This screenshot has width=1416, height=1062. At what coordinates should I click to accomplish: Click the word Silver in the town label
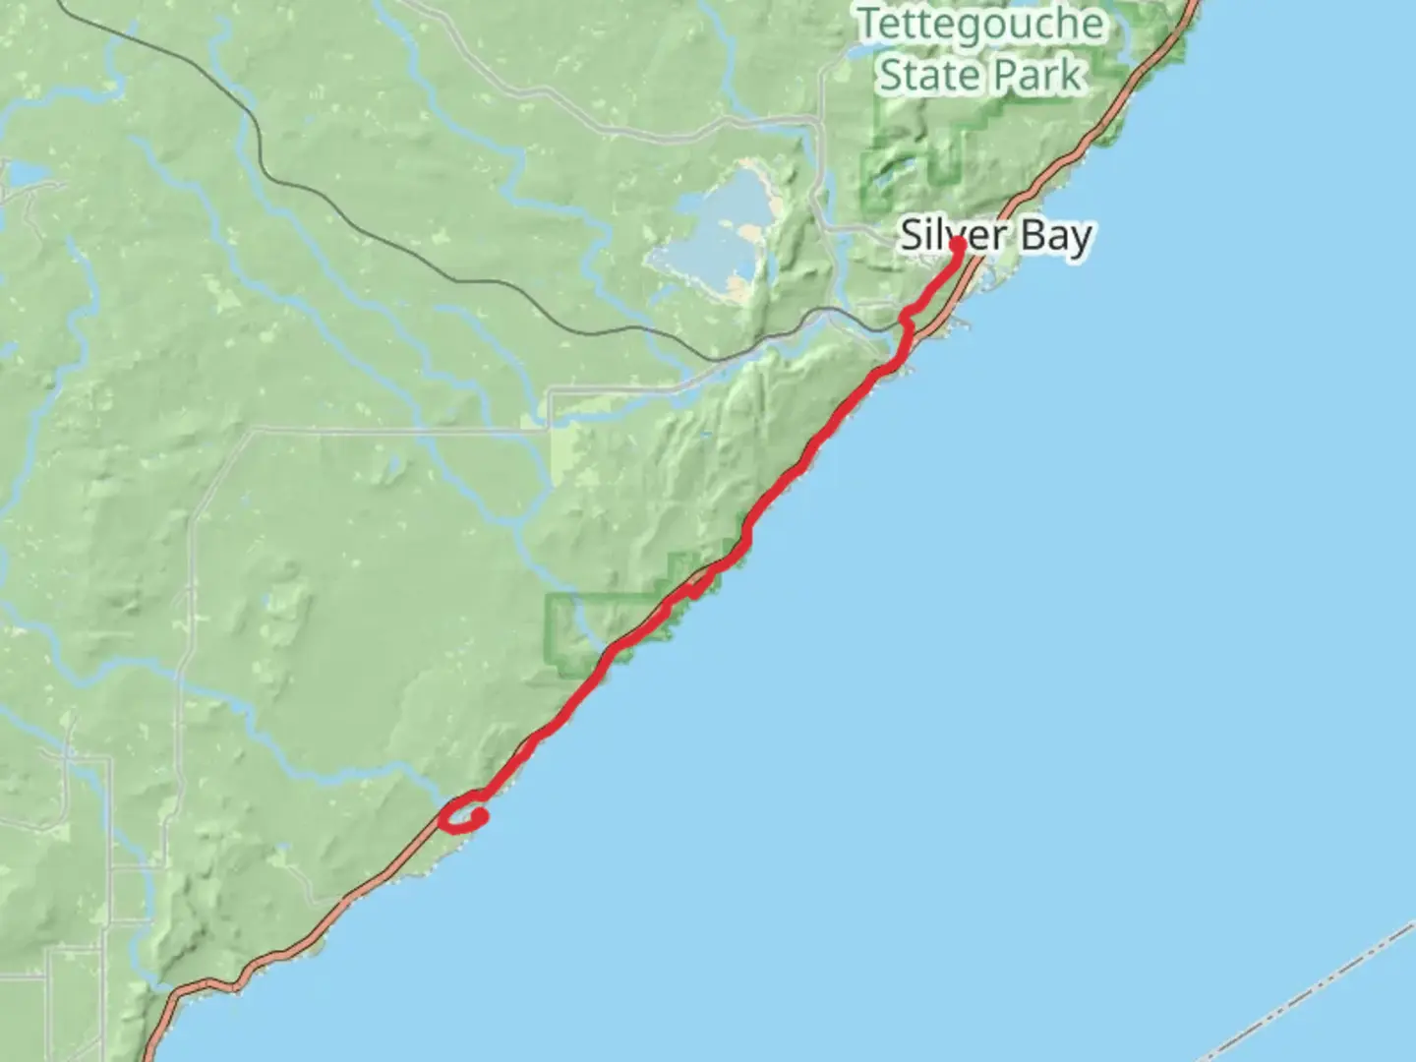[939, 236]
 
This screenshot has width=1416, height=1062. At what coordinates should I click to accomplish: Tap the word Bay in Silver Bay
[1055, 237]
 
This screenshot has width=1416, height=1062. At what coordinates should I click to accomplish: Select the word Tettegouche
[980, 24]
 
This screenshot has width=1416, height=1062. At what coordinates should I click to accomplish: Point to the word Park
[1036, 75]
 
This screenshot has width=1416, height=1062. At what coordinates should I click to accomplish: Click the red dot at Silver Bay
[957, 244]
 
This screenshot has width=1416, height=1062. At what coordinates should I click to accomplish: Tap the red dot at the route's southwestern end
[480, 817]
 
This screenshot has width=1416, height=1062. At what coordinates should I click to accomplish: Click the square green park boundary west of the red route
[570, 634]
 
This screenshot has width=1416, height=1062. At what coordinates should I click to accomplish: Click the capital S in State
[892, 75]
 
